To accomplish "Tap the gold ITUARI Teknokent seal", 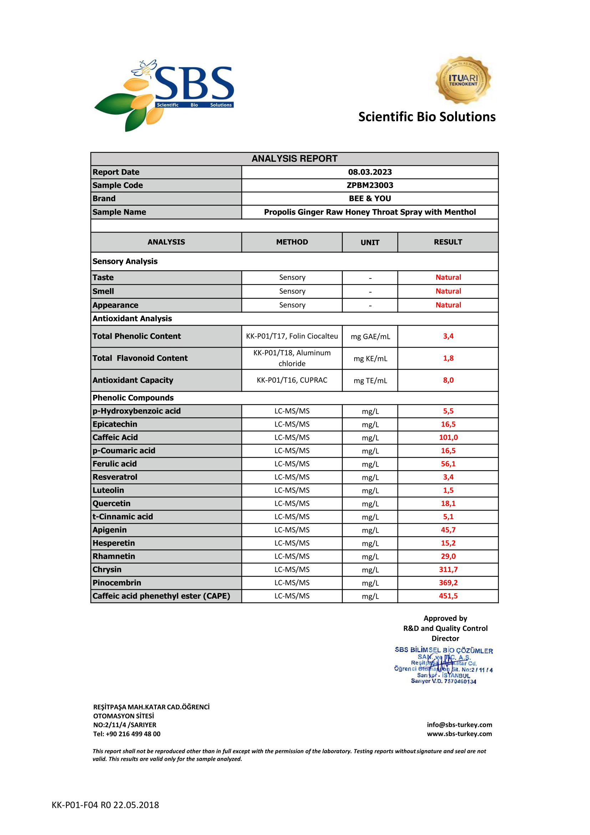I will [x=463, y=80].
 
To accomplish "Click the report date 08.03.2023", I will [x=370, y=172].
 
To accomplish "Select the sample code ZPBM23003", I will [x=370, y=185].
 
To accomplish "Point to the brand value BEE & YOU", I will [x=370, y=198].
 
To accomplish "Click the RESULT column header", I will [x=448, y=242].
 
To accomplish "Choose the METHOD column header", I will [x=292, y=242].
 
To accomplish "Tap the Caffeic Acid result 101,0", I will [x=448, y=438].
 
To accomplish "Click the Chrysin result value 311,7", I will [x=448, y=569].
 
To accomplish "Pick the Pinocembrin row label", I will [x=117, y=583].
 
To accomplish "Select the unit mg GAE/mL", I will [x=370, y=336].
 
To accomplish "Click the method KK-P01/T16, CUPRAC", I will [x=292, y=380].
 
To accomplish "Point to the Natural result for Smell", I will [x=448, y=291].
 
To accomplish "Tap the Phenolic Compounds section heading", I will [x=133, y=398].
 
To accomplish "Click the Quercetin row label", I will [x=111, y=503].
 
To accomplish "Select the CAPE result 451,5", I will [x=448, y=596].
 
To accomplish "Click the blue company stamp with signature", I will [x=444, y=665].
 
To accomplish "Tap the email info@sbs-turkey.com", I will [x=459, y=725].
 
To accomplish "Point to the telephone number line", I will [x=126, y=734].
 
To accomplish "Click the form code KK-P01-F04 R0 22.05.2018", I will [x=105, y=805].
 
